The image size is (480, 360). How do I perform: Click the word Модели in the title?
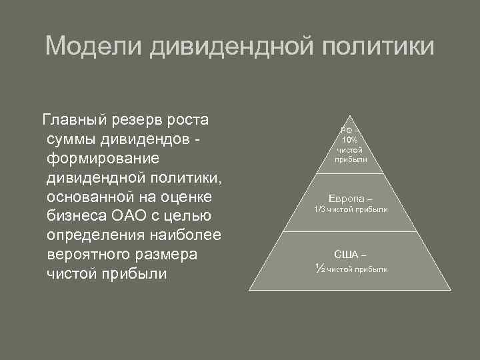click(93, 47)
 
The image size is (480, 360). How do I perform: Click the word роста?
click(190, 121)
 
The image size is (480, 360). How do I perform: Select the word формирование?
click(102, 159)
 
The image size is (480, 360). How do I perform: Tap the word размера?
click(171, 255)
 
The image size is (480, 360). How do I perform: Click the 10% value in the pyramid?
click(349, 141)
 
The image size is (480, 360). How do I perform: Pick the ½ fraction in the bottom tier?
click(319, 268)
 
